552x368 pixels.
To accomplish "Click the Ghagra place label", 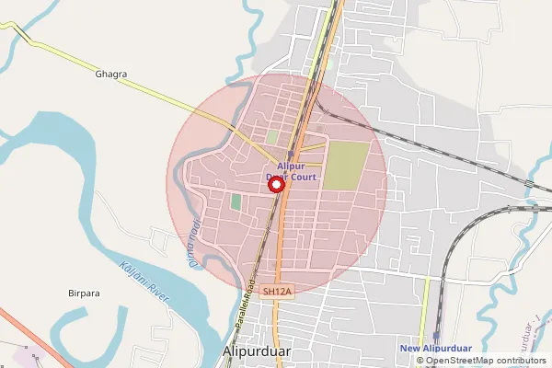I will (x=110, y=74).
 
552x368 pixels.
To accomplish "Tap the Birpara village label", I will (x=84, y=293).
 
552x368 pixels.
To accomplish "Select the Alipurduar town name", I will (x=257, y=352).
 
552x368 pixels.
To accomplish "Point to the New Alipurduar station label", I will (x=435, y=348).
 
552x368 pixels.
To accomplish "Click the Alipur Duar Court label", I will (x=291, y=170).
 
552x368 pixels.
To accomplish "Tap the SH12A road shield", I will (x=276, y=292).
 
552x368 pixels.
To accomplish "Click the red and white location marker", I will (x=275, y=185).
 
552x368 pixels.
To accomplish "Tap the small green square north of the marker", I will (x=272, y=137).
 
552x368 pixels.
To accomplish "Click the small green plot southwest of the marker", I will (x=236, y=201).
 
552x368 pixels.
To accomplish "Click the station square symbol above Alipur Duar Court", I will (x=290, y=155).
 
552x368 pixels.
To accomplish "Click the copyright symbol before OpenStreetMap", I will (x=420, y=360).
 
